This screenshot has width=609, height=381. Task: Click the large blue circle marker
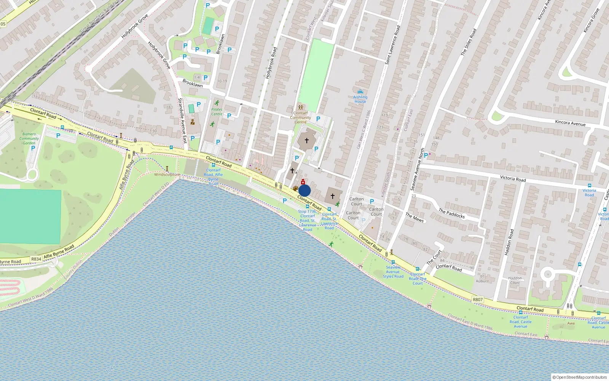304,190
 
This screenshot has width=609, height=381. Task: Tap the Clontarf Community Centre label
300,117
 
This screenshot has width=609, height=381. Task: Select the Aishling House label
360,99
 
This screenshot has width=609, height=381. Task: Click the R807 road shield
478,299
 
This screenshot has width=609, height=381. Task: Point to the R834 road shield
36,259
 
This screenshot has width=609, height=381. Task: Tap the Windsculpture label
167,174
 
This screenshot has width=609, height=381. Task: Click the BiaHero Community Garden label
29,138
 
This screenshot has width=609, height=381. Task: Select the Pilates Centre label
217,112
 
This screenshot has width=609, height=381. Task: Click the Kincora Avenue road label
570,122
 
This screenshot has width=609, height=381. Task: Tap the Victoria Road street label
513,178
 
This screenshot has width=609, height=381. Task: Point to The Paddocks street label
451,213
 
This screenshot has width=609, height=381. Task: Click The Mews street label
415,217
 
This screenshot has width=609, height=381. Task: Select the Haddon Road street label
509,242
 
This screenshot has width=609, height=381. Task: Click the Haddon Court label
515,280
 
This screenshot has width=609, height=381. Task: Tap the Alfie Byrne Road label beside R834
59,252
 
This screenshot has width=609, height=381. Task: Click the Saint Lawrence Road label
393,45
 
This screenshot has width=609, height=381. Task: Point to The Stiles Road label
469,42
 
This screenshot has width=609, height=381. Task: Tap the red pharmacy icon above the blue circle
303,182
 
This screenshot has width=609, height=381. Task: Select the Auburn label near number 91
482,281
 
